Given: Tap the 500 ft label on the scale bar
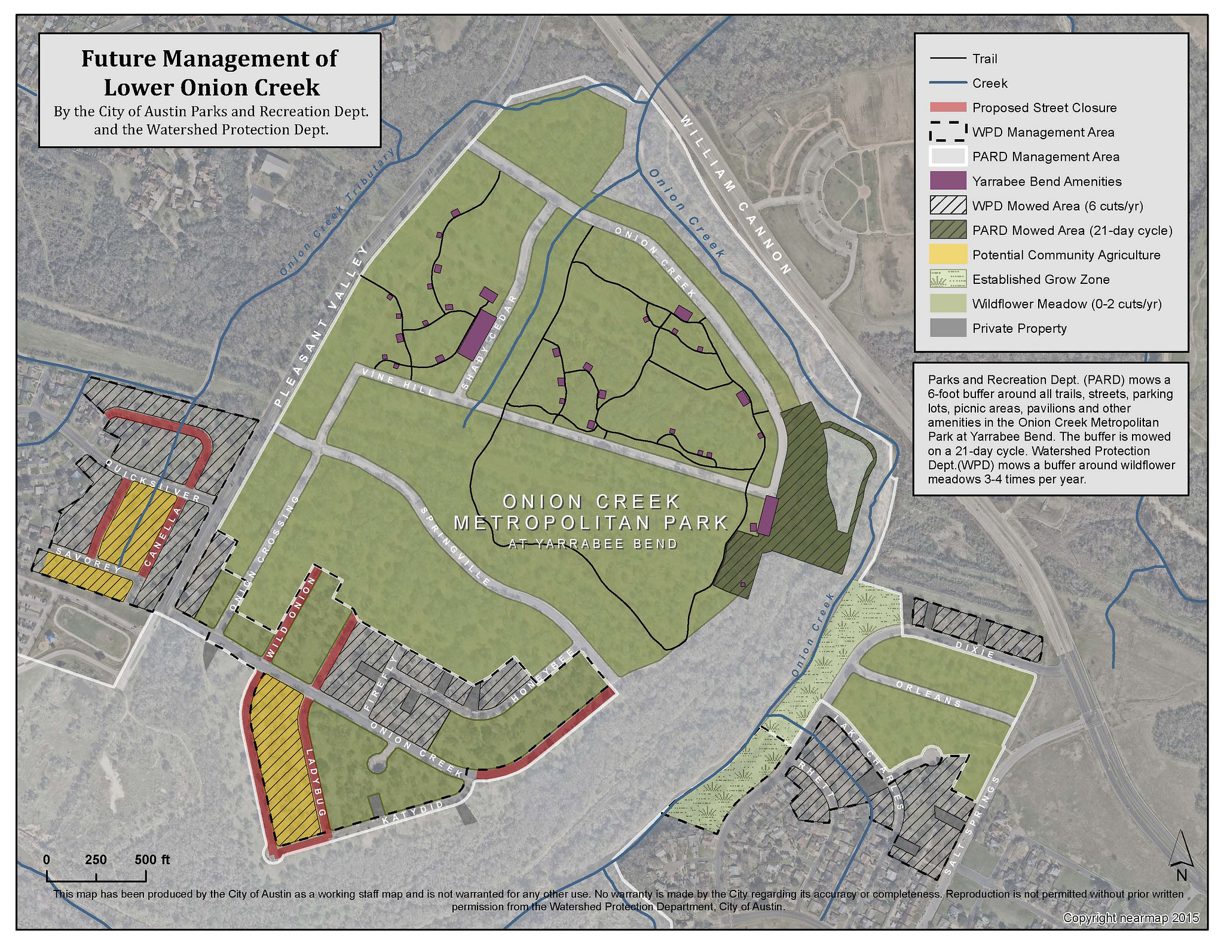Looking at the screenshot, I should [x=152, y=859].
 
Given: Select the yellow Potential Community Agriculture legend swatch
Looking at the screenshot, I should [x=948, y=255].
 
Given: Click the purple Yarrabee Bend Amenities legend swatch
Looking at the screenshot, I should [x=948, y=181].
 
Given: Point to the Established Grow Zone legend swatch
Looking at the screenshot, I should [x=948, y=279].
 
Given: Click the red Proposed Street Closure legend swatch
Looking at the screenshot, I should [x=948, y=108].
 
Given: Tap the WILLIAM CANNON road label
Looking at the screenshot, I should [x=736, y=194].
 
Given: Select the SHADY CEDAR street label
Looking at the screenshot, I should [x=490, y=342].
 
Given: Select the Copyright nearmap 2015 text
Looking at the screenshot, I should [x=1131, y=918].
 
